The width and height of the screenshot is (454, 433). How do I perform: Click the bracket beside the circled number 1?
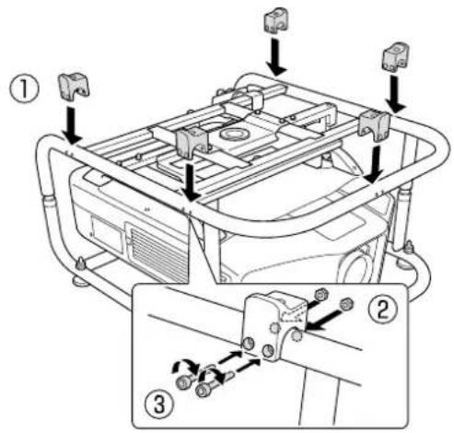click(x=73, y=86)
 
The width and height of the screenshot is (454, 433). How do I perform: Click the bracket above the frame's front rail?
click(x=192, y=141)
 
